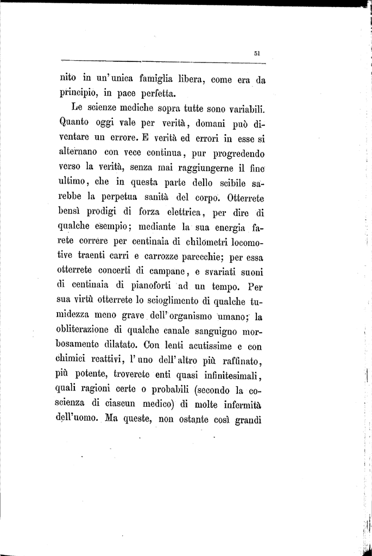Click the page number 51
click(x=257, y=53)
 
